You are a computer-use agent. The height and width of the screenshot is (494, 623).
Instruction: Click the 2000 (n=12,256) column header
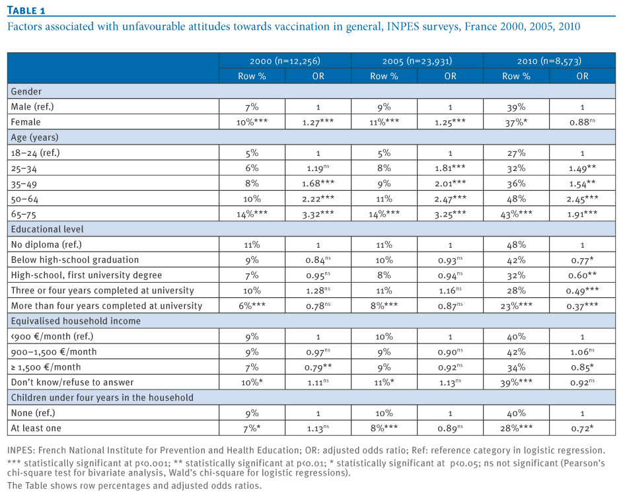coord(285,61)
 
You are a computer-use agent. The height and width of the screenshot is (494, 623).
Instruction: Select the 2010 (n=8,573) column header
coord(549,61)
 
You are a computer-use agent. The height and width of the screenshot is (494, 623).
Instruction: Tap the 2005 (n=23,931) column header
coord(417,61)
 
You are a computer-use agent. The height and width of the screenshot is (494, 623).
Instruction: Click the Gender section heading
coord(26,91)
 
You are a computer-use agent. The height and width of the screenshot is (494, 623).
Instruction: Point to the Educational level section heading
coord(48,229)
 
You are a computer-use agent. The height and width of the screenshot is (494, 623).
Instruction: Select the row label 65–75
coord(23,215)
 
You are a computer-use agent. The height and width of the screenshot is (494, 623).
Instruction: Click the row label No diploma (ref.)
coord(46,244)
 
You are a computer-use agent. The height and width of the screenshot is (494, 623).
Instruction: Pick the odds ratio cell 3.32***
coord(318,215)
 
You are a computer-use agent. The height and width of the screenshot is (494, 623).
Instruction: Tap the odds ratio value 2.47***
coord(450,199)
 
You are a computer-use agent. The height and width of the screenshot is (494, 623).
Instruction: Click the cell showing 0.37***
coord(583,306)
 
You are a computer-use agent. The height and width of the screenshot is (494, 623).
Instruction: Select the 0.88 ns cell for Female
coord(583,122)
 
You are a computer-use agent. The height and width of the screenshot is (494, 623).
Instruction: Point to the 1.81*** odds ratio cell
coord(450,168)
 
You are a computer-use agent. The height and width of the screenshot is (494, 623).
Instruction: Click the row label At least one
coord(36,428)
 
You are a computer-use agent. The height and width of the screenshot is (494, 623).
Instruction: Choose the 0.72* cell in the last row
coord(583,429)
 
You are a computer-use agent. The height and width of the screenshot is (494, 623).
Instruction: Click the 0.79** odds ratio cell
coord(318,367)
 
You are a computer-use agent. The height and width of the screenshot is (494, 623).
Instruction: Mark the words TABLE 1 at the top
coord(26,11)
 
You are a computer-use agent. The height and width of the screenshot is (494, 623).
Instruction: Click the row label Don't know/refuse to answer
coord(72,382)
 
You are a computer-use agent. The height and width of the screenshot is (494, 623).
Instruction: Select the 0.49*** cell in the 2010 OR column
coord(583,291)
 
